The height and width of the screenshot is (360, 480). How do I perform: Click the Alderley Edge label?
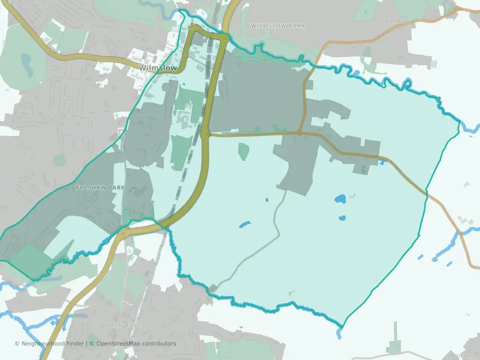click(116, 325)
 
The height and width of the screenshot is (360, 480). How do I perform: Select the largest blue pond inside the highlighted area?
click(340, 199)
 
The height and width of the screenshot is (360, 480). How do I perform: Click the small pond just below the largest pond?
click(342, 218)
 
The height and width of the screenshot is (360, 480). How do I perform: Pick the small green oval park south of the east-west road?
click(243, 151)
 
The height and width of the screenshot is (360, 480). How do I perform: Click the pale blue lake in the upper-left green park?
click(25, 62)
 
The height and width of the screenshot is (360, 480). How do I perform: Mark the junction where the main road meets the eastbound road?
click(205, 134)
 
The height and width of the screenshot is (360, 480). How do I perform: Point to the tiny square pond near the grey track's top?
click(266, 200)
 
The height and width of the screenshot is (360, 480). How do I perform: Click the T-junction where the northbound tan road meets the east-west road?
click(299, 133)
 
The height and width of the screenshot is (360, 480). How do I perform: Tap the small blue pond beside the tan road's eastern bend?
click(383, 161)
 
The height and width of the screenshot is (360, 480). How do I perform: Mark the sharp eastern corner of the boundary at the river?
click(459, 121)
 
